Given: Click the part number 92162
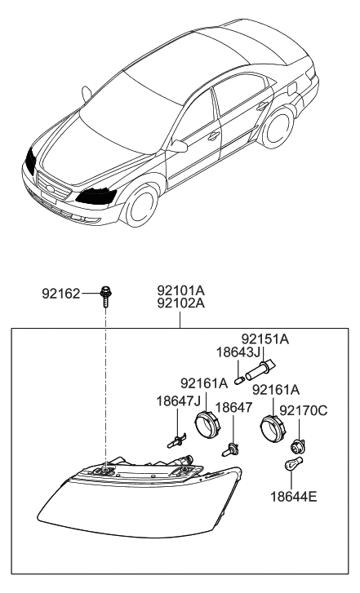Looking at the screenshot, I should click(x=62, y=292).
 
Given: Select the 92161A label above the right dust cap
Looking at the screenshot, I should click(x=276, y=390).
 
